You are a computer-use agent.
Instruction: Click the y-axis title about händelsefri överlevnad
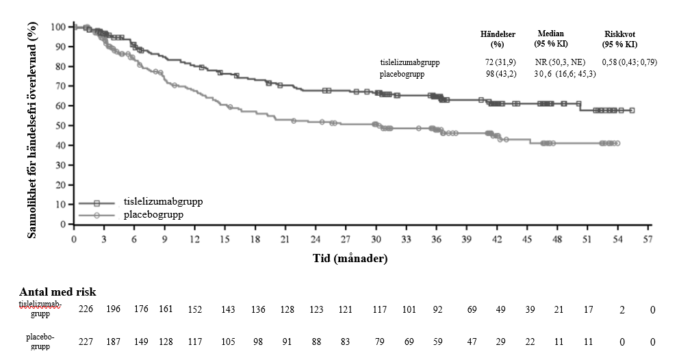click(x=31, y=130)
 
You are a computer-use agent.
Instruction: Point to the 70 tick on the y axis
click(x=61, y=86)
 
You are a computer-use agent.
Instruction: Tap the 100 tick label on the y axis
click(x=57, y=27)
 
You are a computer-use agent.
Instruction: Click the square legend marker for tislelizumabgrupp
click(x=97, y=203)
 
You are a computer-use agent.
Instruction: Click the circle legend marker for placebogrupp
click(x=97, y=215)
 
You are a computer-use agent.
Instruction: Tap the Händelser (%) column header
click(x=498, y=39)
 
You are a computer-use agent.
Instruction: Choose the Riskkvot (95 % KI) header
click(x=620, y=39)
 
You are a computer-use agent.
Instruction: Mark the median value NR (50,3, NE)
click(x=560, y=62)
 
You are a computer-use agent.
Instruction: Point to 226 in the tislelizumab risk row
click(x=86, y=310)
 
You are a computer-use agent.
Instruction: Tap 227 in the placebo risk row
click(x=86, y=341)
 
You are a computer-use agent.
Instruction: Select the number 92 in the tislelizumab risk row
click(x=439, y=310)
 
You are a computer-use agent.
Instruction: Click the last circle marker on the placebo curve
click(x=617, y=143)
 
